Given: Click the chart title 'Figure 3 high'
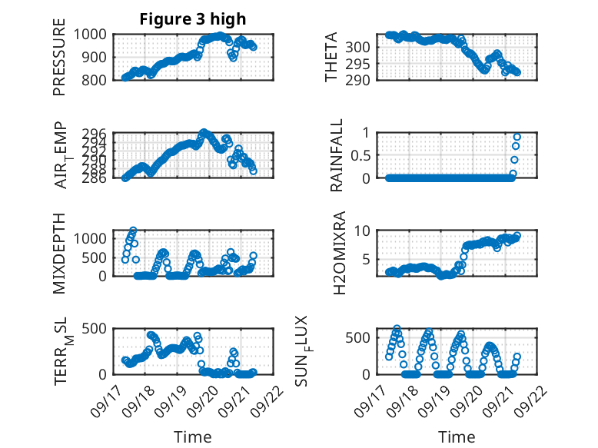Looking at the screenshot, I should (x=193, y=19).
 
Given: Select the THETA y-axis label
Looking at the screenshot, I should (x=332, y=57).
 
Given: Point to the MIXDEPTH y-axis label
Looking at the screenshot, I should (x=60, y=254).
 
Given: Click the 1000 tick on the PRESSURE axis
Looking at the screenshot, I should (x=95, y=34).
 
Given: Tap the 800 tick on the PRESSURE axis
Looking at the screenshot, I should (x=98, y=80).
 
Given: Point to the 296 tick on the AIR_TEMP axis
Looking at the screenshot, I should (x=98, y=132).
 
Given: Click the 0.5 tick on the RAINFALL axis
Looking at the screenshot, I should (x=361, y=155).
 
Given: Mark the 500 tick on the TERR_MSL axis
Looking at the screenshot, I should (x=98, y=329).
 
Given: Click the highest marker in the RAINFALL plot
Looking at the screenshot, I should (x=517, y=137).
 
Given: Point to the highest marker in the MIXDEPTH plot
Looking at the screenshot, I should (x=133, y=230).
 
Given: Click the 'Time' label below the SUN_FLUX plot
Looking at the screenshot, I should (x=457, y=436).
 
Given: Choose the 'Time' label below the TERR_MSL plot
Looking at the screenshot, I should (x=193, y=436).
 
